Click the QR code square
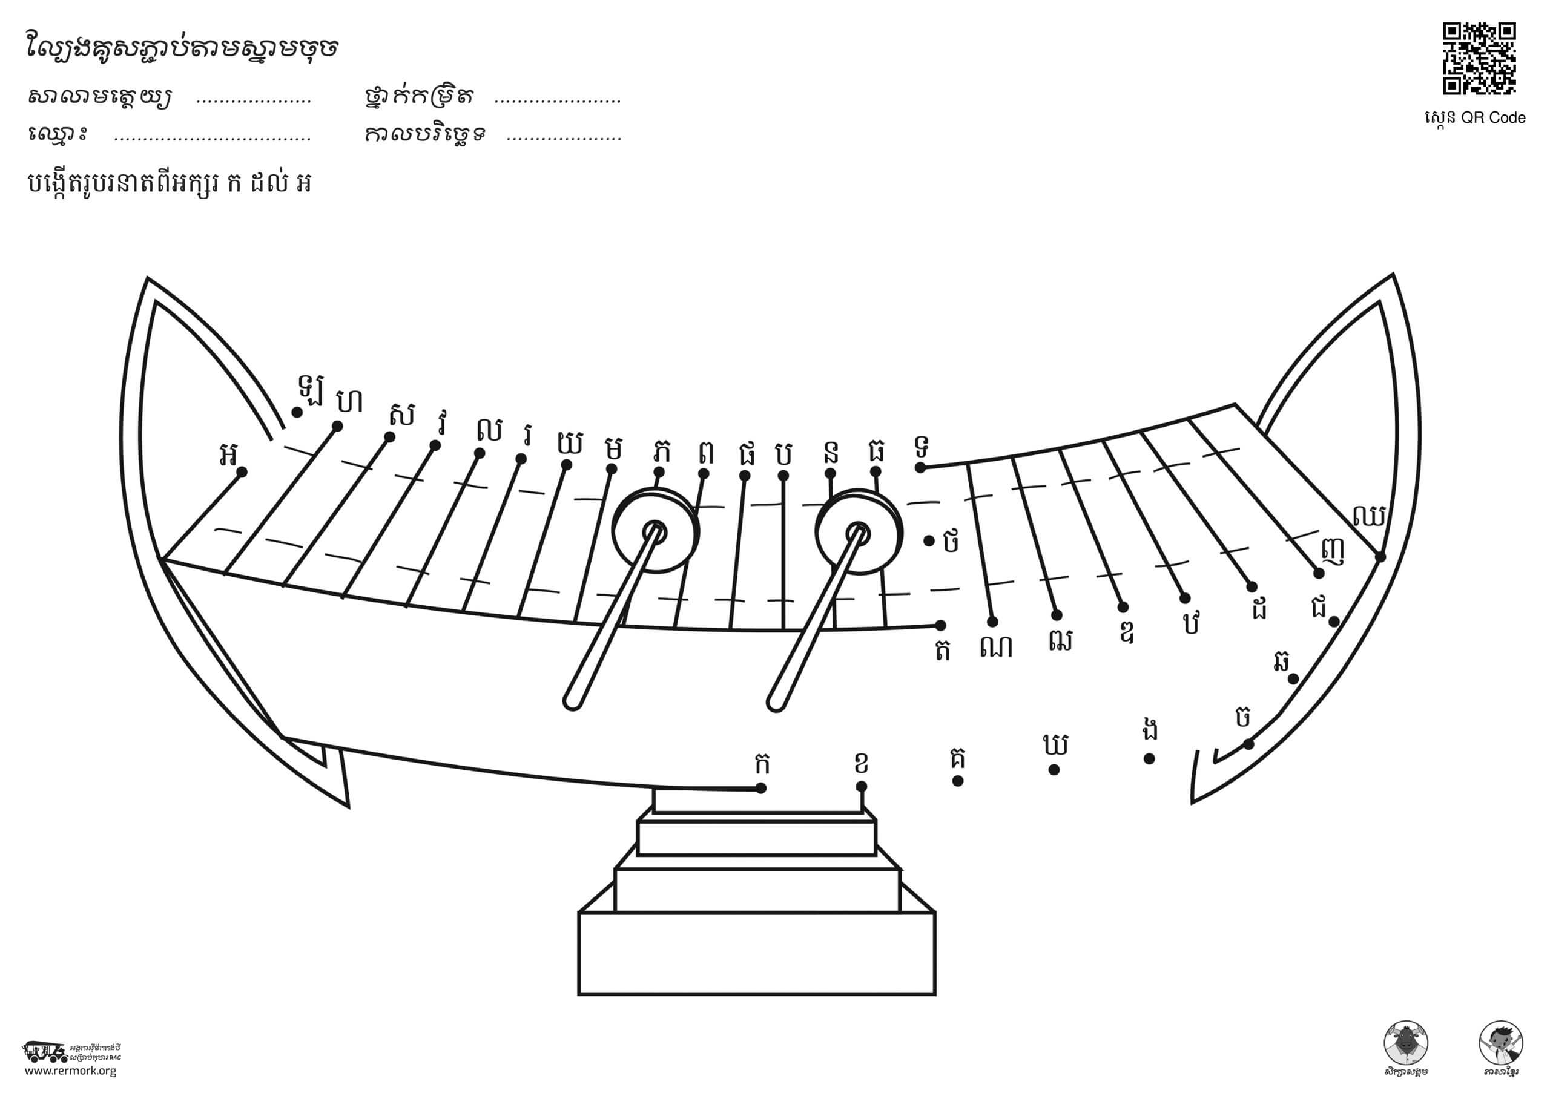point(1479,58)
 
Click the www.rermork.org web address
point(70,1071)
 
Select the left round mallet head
point(655,531)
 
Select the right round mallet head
point(859,531)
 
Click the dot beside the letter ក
point(761,788)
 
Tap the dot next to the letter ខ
point(862,786)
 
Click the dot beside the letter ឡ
point(296,412)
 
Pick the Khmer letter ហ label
point(350,401)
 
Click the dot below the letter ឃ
point(1054,770)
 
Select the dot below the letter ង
point(1149,758)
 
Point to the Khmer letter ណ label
point(997,646)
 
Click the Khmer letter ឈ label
point(1369,516)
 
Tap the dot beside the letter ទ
point(920,467)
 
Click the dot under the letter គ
point(957,781)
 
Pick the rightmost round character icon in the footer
point(1501,1043)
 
